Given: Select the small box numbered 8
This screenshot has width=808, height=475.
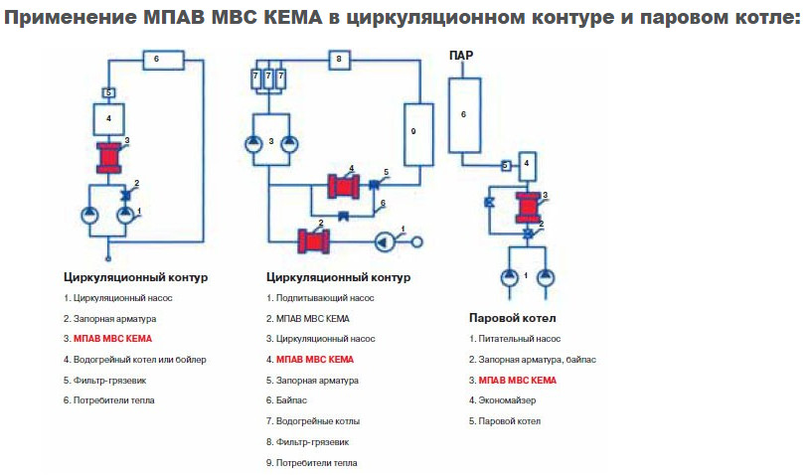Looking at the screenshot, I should pyautogui.click(x=338, y=60).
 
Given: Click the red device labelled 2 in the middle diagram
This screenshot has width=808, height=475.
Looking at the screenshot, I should pyautogui.click(x=314, y=240).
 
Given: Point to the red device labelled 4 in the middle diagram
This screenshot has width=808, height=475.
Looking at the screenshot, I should pyautogui.click(x=344, y=186).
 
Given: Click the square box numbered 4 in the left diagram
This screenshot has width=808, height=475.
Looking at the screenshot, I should pyautogui.click(x=108, y=120).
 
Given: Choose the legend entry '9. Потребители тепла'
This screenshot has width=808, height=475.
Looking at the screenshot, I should pyautogui.click(x=313, y=463).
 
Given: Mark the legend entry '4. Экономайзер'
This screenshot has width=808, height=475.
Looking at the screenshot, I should pyautogui.click(x=509, y=400).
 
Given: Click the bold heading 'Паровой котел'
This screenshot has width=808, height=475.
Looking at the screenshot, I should pyautogui.click(x=512, y=318).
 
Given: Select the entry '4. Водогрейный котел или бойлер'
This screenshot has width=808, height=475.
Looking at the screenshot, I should pyautogui.click(x=135, y=359).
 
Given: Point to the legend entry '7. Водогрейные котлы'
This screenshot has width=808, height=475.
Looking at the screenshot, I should pyautogui.click(x=313, y=421).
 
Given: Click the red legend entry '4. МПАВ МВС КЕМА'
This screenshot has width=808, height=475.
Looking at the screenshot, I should pyautogui.click(x=310, y=359).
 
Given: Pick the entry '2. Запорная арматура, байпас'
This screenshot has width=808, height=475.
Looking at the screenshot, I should pyautogui.click(x=531, y=359).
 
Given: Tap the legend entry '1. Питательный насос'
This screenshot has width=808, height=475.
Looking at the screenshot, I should pyautogui.click(x=514, y=338).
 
